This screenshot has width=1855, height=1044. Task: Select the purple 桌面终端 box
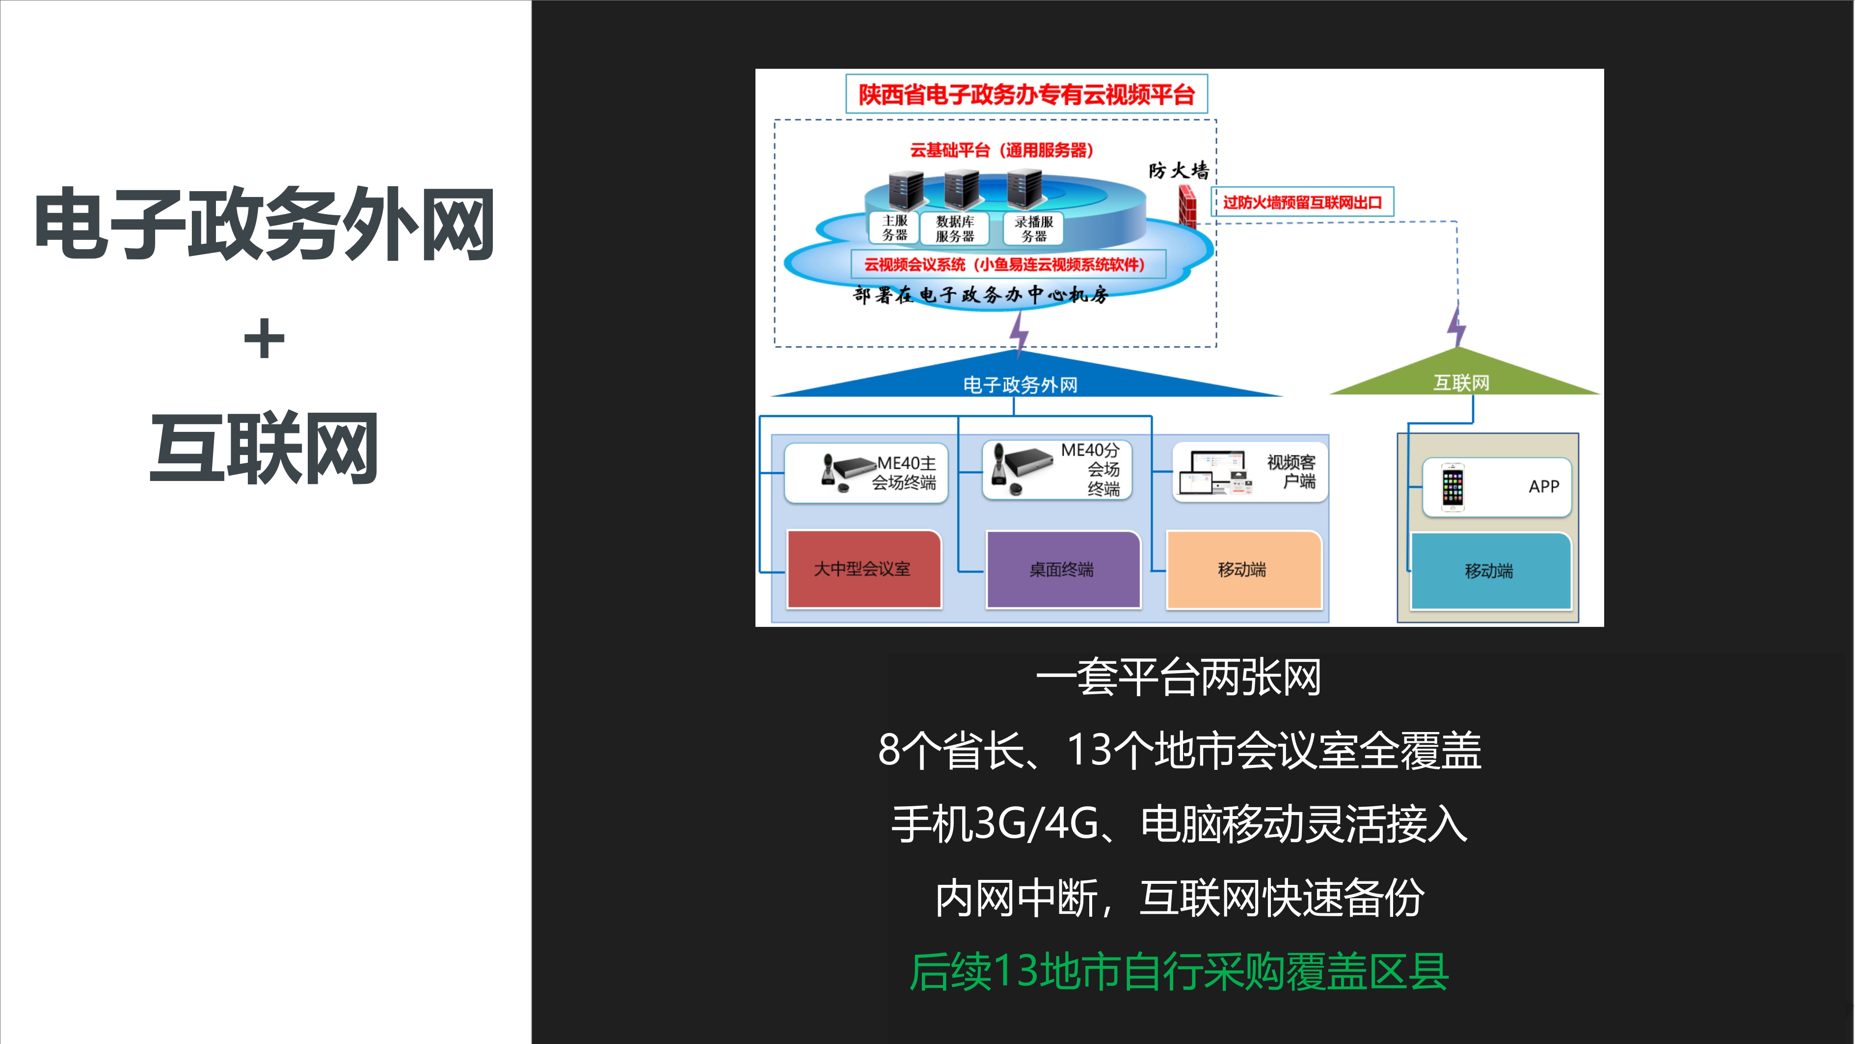(1063, 569)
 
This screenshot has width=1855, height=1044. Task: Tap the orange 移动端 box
(1244, 569)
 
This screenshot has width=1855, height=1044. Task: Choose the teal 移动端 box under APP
(1490, 570)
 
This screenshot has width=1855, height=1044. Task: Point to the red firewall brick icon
(1187, 205)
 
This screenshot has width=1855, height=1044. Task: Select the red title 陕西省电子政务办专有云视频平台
(1026, 94)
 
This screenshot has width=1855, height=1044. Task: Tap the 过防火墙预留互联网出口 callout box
(1302, 202)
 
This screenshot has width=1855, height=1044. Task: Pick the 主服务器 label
(894, 227)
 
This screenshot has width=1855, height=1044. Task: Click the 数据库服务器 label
(955, 228)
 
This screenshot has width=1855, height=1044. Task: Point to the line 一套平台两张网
(1178, 677)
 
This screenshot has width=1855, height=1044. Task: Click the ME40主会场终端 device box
(866, 473)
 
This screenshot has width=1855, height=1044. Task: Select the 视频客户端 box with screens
(1250, 472)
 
